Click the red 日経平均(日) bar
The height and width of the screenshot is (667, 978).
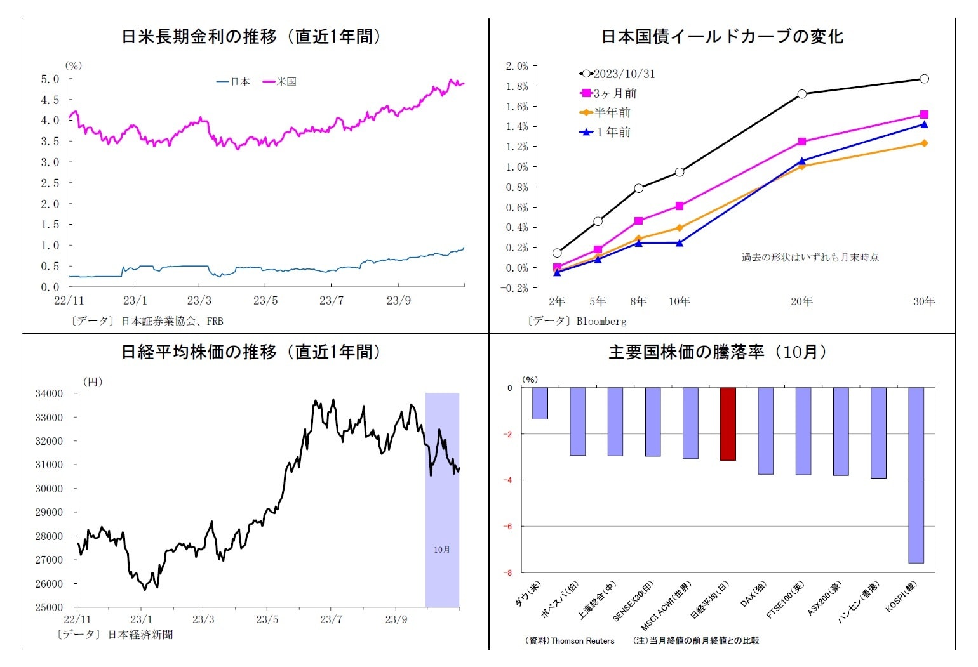pos(728,423)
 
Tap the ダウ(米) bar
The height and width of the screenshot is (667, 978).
pos(540,403)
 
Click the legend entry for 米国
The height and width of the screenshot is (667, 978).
pos(279,81)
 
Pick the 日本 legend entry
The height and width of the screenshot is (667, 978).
pos(234,81)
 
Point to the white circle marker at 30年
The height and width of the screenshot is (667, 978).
pos(924,79)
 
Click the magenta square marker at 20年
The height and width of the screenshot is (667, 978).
pos(802,142)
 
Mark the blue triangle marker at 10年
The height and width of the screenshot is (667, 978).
pos(680,243)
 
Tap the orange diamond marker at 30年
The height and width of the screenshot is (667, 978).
pos(924,143)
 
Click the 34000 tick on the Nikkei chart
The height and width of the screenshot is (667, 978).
pos(49,393)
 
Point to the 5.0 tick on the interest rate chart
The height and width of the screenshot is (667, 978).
pos(50,79)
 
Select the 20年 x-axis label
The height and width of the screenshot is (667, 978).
pos(801,301)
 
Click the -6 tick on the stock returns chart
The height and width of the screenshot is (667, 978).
pos(509,526)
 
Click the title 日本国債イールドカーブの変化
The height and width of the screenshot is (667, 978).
pos(722,36)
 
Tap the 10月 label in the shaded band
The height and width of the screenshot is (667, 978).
pos(442,550)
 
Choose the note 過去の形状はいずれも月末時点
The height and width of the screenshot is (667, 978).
pos(810,257)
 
